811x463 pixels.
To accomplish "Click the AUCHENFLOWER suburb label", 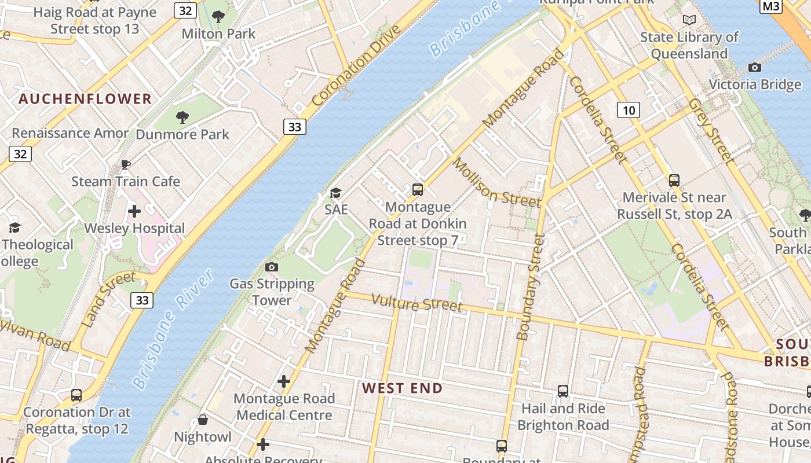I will (85, 99).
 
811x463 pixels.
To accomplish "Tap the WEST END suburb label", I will (403, 388).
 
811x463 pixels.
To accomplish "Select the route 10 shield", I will (629, 110).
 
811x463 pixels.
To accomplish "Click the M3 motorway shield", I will (770, 6).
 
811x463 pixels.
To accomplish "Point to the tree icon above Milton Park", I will (218, 17).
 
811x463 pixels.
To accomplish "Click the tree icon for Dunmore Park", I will (182, 118).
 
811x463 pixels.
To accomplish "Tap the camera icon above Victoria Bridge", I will (754, 68).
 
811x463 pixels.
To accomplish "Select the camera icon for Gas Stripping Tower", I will (271, 267).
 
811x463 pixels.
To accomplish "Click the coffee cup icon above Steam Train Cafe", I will (125, 165).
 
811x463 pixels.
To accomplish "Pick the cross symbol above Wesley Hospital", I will (134, 211).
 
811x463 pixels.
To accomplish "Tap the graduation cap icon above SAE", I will (335, 193).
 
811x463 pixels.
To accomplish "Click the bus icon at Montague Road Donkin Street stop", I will (417, 189).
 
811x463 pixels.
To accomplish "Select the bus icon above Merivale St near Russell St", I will (674, 180).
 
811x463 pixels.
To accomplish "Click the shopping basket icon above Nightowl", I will (203, 420).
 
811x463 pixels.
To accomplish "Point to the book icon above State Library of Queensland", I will (689, 20).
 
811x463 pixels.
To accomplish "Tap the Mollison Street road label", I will (496, 183).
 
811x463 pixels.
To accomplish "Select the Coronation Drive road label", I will (356, 65).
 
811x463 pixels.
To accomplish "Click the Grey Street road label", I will (711, 130).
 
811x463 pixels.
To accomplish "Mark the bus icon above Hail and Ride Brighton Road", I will (562, 391).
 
